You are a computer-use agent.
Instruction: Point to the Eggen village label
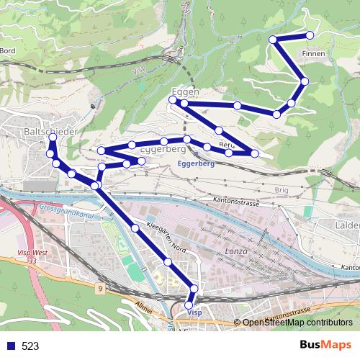click(x=185, y=92)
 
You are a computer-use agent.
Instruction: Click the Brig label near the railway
click(x=281, y=189)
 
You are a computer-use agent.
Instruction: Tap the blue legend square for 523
click(x=9, y=346)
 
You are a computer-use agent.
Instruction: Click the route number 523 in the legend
click(x=30, y=346)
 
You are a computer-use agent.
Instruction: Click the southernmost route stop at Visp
click(x=189, y=306)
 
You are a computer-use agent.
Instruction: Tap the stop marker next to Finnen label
click(x=310, y=35)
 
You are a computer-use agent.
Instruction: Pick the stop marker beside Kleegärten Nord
click(x=135, y=228)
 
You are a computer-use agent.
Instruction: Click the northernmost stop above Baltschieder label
click(x=53, y=137)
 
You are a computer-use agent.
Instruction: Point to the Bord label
click(x=8, y=50)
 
